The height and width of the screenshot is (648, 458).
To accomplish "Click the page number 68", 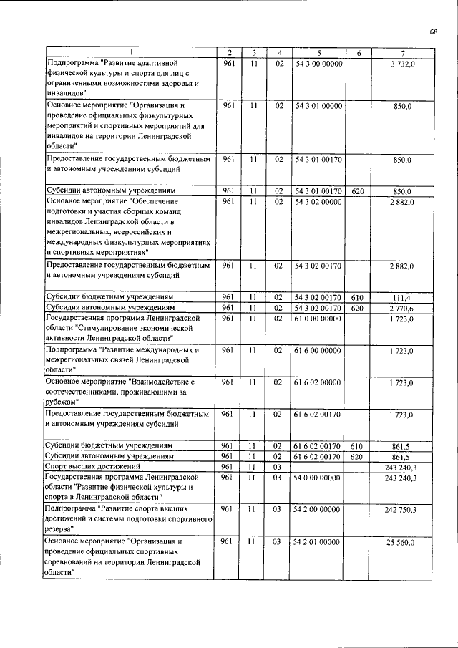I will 433,31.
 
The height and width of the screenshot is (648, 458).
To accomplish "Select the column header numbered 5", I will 318,53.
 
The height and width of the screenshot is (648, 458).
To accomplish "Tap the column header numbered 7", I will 404,53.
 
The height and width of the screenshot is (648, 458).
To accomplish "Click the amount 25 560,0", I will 401,543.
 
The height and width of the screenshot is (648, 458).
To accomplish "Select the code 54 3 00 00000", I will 318,64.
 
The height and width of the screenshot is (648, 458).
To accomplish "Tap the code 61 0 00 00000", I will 318,316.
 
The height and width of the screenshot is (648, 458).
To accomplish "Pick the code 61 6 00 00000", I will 318,351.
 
